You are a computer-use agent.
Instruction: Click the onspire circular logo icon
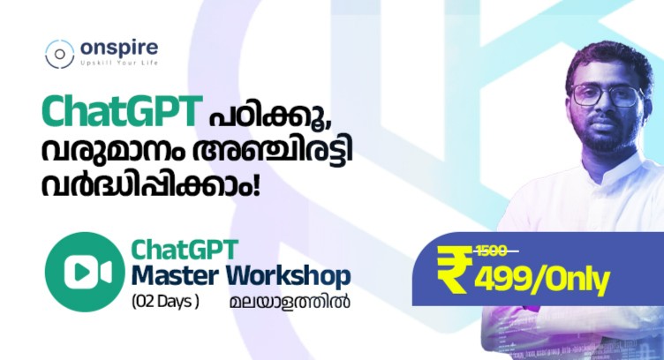(x=59, y=53)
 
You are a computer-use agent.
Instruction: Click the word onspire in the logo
(x=117, y=49)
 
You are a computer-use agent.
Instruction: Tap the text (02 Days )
(x=165, y=301)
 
